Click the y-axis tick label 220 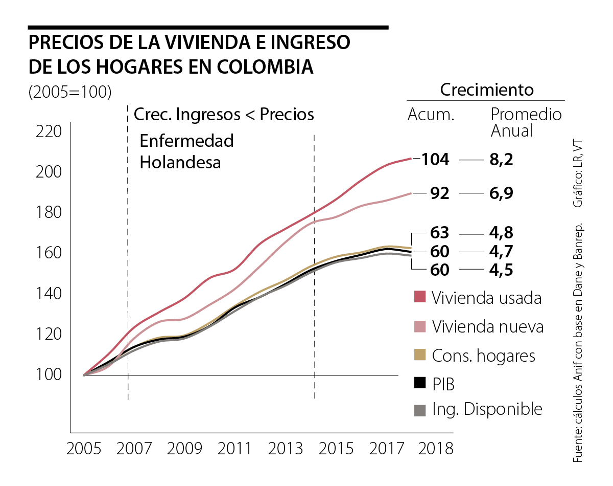point(49,132)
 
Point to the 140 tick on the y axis point(49,294)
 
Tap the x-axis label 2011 point(234,449)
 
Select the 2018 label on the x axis point(436,449)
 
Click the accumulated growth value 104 point(435,160)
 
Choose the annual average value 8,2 point(501,160)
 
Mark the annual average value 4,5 point(501,270)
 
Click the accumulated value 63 point(439,233)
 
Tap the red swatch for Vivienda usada point(419,297)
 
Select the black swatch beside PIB point(419,383)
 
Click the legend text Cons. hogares point(483,355)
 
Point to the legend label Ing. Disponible point(487,409)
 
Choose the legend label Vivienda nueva point(487,326)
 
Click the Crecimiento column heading point(486,90)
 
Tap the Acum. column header point(431,115)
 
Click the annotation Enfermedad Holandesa point(186,151)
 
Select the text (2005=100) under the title point(70,92)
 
